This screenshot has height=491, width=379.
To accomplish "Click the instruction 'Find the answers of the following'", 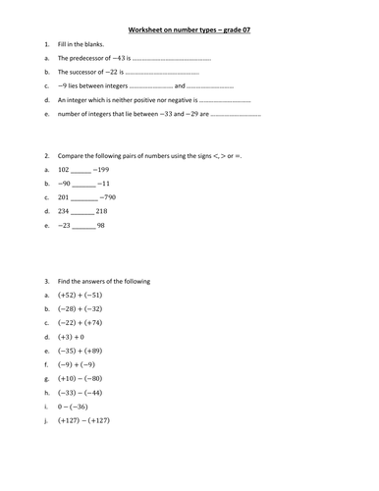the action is pyautogui.click(x=104, y=282).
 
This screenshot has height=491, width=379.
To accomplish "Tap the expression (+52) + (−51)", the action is pyautogui.click(x=81, y=295).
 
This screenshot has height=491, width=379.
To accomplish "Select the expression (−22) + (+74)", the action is pyautogui.click(x=81, y=322).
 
